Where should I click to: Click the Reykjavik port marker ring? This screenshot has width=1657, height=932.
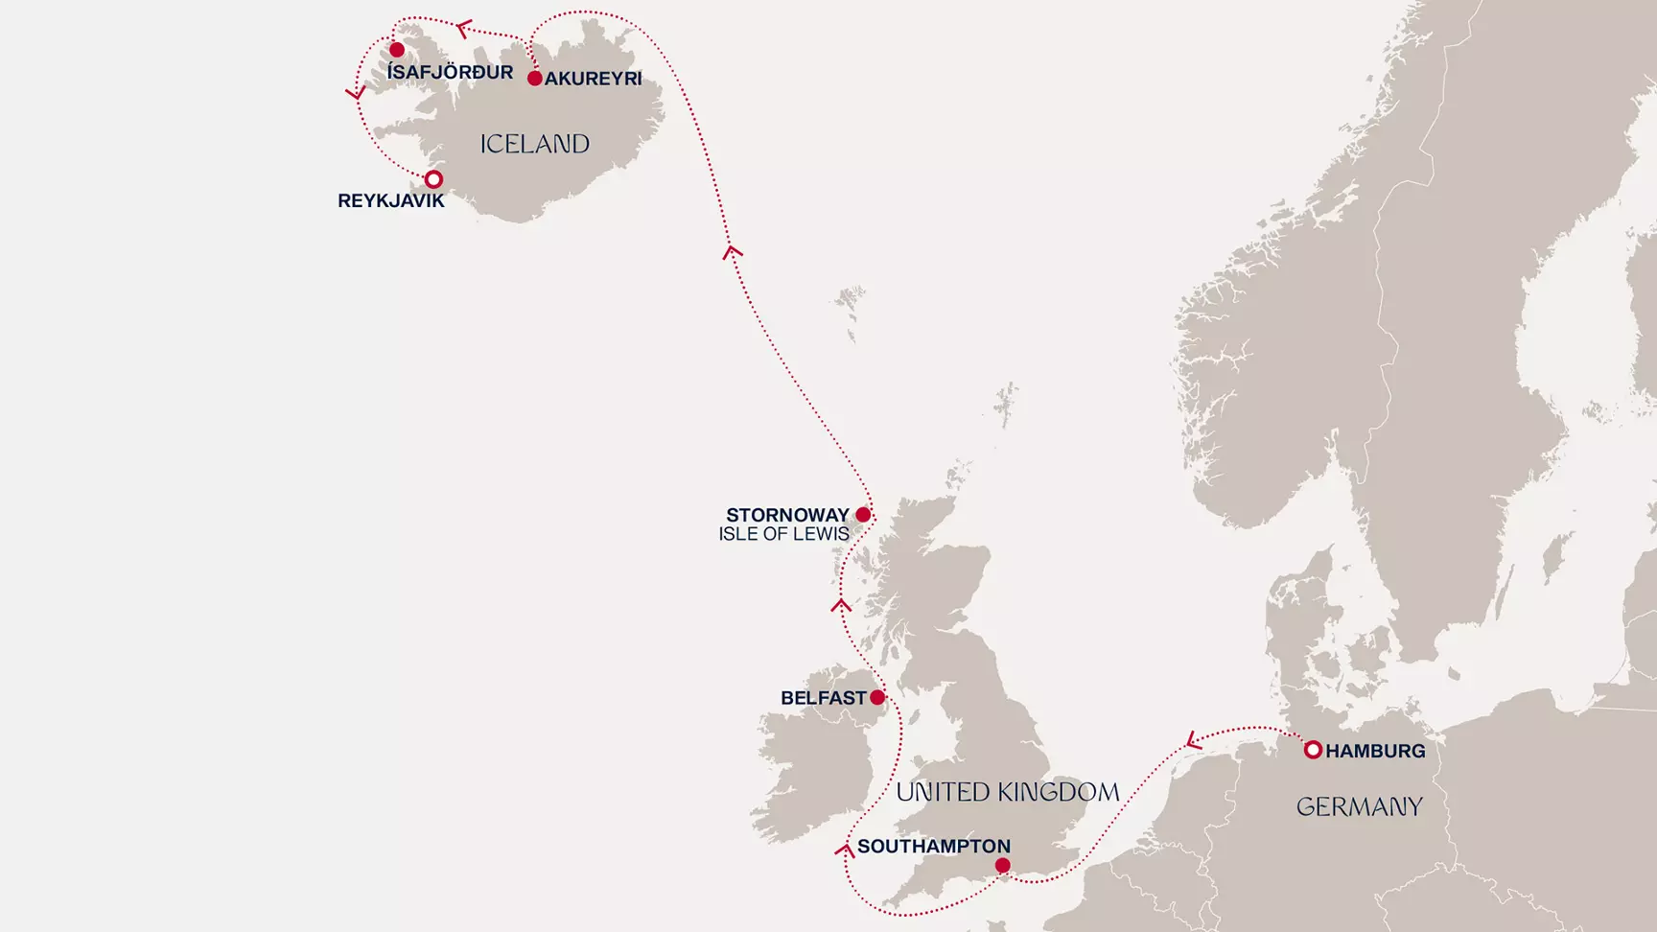click(x=433, y=179)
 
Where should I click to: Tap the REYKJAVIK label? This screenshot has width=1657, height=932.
click(x=391, y=201)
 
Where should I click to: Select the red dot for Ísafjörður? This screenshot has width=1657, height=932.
click(x=397, y=50)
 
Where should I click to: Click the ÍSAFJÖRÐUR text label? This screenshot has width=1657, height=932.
click(x=450, y=73)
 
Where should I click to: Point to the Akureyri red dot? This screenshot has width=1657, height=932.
click(x=535, y=79)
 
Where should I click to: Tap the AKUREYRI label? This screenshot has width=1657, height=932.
click(x=593, y=79)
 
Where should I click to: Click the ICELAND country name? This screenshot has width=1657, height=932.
click(x=534, y=144)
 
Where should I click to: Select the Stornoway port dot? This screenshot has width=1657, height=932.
click(x=863, y=515)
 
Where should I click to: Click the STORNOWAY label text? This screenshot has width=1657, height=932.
click(x=787, y=515)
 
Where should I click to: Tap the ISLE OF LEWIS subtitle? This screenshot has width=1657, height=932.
click(x=783, y=534)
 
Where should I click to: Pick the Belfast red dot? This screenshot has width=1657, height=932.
click(x=877, y=697)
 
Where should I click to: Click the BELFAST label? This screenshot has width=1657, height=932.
click(x=823, y=698)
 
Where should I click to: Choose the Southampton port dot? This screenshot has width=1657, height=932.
click(x=1002, y=866)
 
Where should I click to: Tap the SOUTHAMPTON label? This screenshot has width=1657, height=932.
click(x=933, y=846)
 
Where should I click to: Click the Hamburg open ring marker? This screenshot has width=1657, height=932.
click(x=1313, y=750)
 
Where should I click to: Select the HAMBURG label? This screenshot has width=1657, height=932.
click(x=1375, y=751)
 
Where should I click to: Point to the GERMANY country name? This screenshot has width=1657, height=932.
click(x=1359, y=807)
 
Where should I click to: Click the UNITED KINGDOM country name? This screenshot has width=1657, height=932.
click(x=1007, y=792)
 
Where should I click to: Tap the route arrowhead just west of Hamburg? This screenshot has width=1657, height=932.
click(x=1193, y=740)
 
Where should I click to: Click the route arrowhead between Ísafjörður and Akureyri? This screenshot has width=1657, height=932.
click(x=463, y=29)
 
